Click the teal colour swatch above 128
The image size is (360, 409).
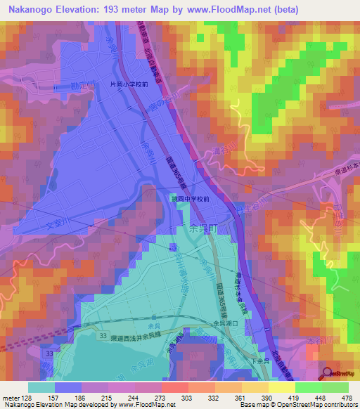click(41, 387)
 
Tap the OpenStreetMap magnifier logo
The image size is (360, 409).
click(328, 374)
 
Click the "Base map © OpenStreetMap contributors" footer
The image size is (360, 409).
click(299, 405)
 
